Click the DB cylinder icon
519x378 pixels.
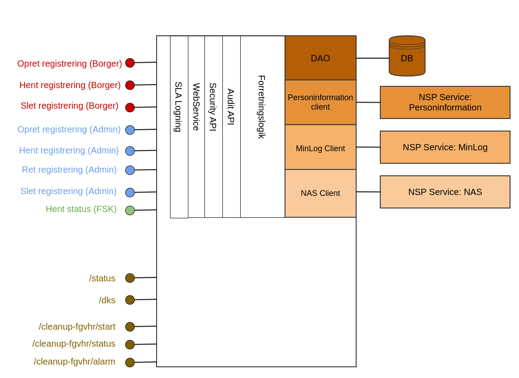pos(407,56)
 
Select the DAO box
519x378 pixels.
pos(320,58)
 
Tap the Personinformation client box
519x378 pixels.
pos(320,102)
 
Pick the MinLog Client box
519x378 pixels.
pos(320,148)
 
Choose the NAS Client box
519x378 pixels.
pos(320,193)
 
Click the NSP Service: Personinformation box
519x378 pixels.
pos(445,102)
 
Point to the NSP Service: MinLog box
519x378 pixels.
pos(445,147)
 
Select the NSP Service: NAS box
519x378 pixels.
pos(445,192)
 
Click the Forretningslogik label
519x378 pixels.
pos(262,107)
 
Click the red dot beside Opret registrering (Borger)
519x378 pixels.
pos(130,63)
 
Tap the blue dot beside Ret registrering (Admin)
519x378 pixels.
pos(130,170)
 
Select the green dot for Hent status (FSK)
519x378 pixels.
pos(130,210)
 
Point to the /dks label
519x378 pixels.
pos(107,300)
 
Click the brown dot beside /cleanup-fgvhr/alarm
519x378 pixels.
pos(130,362)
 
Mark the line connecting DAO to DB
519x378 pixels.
pos(372,58)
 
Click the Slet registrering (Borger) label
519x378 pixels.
pos(69,106)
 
